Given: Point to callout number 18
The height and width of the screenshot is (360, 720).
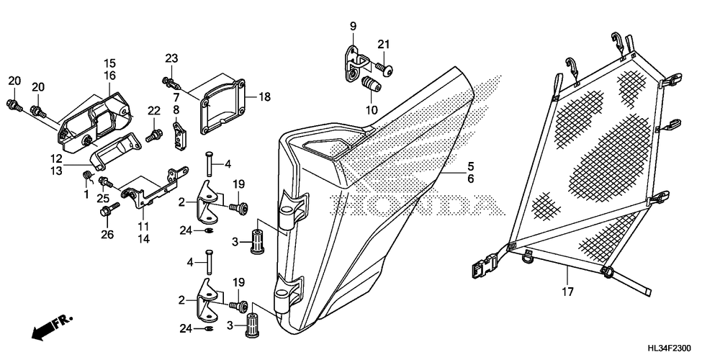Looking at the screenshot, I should (x=266, y=96).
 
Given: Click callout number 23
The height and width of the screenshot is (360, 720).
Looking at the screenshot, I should (x=171, y=58).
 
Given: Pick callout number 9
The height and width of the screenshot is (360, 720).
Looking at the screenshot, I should (x=354, y=27).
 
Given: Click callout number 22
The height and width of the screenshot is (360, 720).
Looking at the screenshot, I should (x=153, y=110).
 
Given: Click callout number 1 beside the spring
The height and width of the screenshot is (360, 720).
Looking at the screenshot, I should (x=86, y=194).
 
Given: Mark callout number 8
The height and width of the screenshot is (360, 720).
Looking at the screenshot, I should (x=176, y=109).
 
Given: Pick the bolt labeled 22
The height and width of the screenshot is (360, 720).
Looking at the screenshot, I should (x=152, y=134).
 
